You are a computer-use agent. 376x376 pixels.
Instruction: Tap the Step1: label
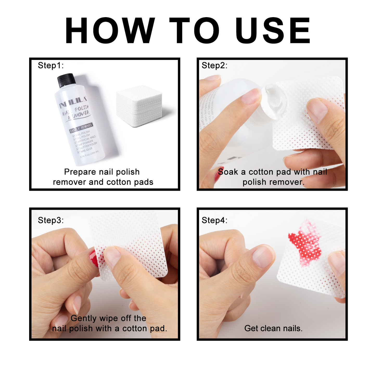51,65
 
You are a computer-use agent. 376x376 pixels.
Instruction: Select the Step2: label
214,65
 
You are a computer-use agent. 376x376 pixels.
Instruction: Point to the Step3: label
51,220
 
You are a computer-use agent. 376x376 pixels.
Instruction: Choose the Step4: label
214,220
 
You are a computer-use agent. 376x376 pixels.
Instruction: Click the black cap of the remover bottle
66,80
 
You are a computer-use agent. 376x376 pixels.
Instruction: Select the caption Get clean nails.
273,328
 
